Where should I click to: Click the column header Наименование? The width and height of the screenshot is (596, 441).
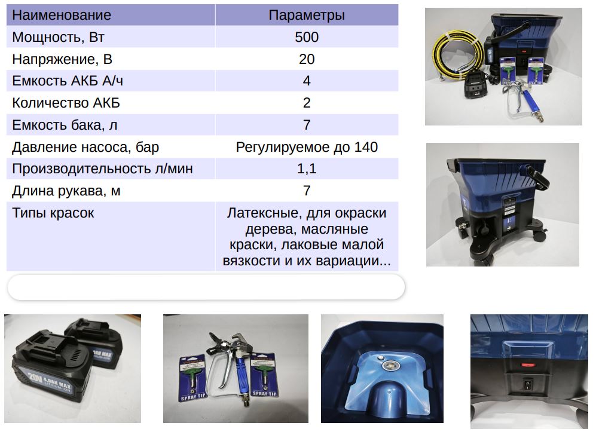tap(62, 15)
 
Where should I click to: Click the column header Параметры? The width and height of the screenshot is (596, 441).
tap(307, 15)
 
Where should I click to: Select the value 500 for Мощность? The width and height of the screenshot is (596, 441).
tap(307, 37)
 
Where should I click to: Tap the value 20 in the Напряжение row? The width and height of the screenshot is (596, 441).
tap(307, 59)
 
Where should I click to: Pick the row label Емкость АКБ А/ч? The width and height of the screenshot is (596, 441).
tap(68, 81)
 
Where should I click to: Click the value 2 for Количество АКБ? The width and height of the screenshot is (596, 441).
tap(307, 103)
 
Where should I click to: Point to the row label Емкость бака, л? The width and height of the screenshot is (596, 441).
tap(65, 125)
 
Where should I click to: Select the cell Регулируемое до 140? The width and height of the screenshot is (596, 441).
tap(307, 147)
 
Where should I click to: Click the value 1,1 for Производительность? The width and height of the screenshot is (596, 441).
tap(307, 169)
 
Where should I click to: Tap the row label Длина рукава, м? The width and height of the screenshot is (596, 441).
tap(66, 191)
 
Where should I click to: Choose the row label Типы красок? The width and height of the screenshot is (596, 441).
tap(53, 213)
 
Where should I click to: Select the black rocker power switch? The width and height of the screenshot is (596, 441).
tap(528, 385)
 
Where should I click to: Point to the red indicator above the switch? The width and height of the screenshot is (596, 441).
tap(528, 366)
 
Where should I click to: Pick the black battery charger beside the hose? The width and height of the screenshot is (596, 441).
tap(475, 85)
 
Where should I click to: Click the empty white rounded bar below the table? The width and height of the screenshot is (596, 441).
tap(206, 287)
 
